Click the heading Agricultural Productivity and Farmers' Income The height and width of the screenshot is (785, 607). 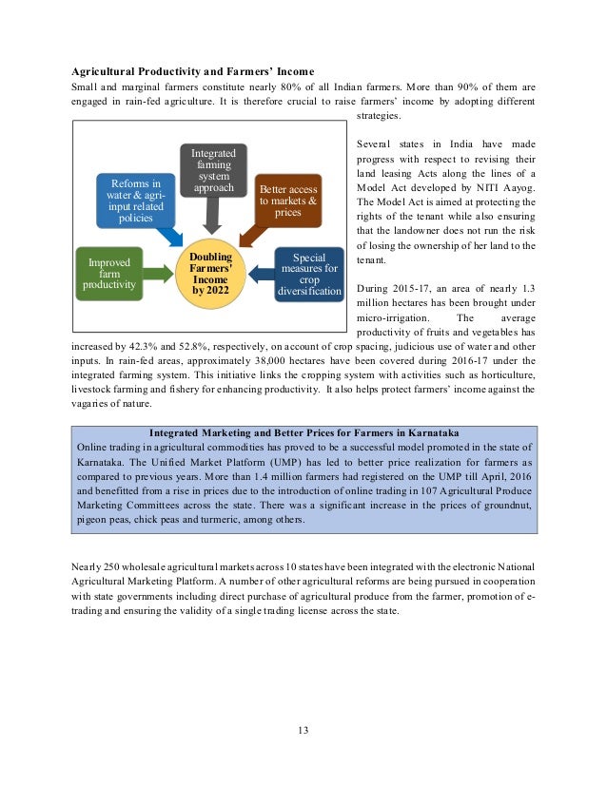tap(193, 72)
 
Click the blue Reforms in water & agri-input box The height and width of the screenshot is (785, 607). tap(136, 201)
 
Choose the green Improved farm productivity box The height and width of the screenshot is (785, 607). tap(108, 273)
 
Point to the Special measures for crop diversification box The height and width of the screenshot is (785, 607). tap(309, 274)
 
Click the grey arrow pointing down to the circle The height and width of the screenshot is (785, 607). tap(213, 218)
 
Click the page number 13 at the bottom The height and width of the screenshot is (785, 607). tap(303, 731)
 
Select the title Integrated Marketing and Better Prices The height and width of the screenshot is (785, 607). tap(304, 433)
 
